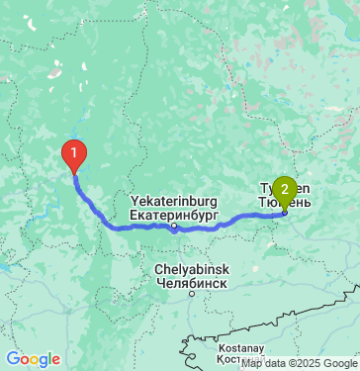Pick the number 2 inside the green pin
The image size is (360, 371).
[x=285, y=188]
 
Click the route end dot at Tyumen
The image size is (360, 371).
[x=285, y=212]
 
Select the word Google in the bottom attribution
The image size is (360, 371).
[x=339, y=363]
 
